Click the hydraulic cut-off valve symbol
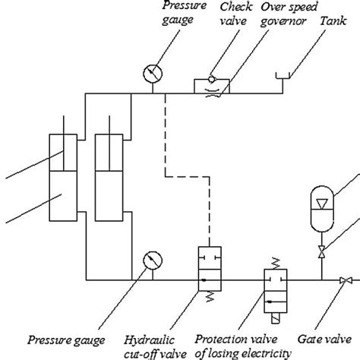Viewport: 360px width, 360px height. (x=207, y=270)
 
